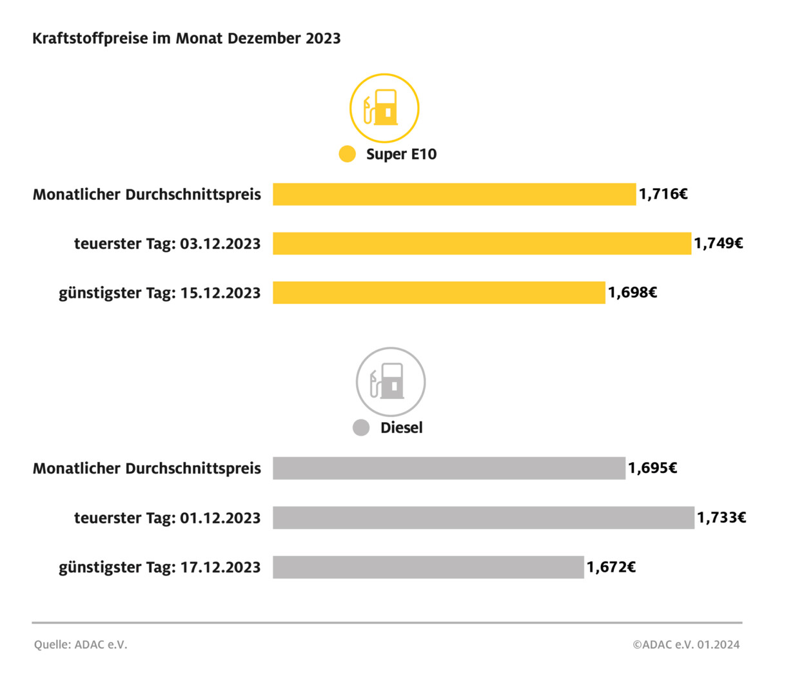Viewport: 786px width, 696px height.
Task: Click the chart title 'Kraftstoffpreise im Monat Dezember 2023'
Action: (x=186, y=39)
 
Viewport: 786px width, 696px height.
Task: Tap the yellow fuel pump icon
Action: (x=384, y=108)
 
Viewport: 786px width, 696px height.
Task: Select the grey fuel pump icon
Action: (x=391, y=382)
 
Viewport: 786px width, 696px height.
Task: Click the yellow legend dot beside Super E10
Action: (x=347, y=154)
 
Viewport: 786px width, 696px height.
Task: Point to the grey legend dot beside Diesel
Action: (x=361, y=427)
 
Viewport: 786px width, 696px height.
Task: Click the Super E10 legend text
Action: (x=401, y=155)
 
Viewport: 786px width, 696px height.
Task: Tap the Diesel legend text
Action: (x=401, y=428)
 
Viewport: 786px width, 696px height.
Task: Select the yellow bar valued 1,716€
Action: (x=454, y=194)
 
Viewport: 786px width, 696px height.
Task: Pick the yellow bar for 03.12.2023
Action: (x=482, y=244)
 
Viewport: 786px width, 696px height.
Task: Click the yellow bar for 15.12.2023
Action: (x=438, y=293)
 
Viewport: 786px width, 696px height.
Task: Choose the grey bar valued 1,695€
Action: (x=449, y=469)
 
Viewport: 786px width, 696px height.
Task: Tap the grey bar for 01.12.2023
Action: (x=484, y=517)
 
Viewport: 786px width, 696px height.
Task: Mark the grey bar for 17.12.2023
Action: (x=428, y=567)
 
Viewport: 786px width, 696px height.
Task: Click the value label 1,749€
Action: (x=718, y=244)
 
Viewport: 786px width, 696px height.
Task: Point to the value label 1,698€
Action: (x=633, y=293)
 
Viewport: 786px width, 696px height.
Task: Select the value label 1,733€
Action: (x=722, y=517)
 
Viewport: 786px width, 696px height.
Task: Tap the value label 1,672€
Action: (x=611, y=567)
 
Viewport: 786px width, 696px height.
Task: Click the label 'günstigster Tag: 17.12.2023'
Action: (x=160, y=568)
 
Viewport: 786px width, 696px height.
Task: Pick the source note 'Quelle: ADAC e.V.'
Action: (x=81, y=644)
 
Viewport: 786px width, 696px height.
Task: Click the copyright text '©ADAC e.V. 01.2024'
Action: (x=686, y=644)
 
